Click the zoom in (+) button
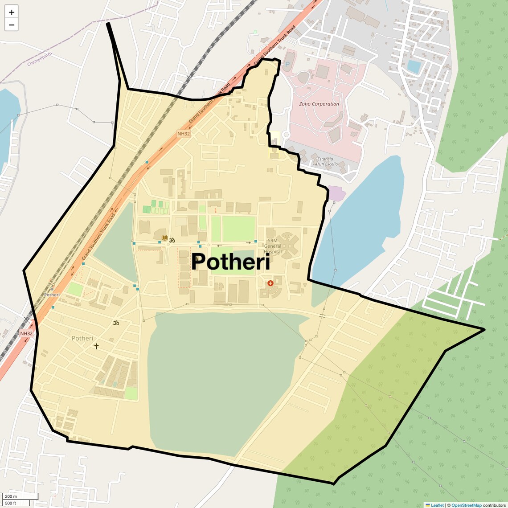12,12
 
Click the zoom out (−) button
12,25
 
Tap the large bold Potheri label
230,262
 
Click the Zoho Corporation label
319,104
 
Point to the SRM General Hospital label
272,246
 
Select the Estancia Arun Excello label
326,161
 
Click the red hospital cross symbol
270,283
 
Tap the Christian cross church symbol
96,346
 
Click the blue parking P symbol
287,64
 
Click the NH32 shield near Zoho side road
184,133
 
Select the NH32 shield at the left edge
26,333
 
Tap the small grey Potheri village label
82,338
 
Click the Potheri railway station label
52,295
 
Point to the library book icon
164,238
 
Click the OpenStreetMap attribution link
466,505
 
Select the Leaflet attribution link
437,505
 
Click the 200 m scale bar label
11,496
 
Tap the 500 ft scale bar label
11,503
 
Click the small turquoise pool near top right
414,66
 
